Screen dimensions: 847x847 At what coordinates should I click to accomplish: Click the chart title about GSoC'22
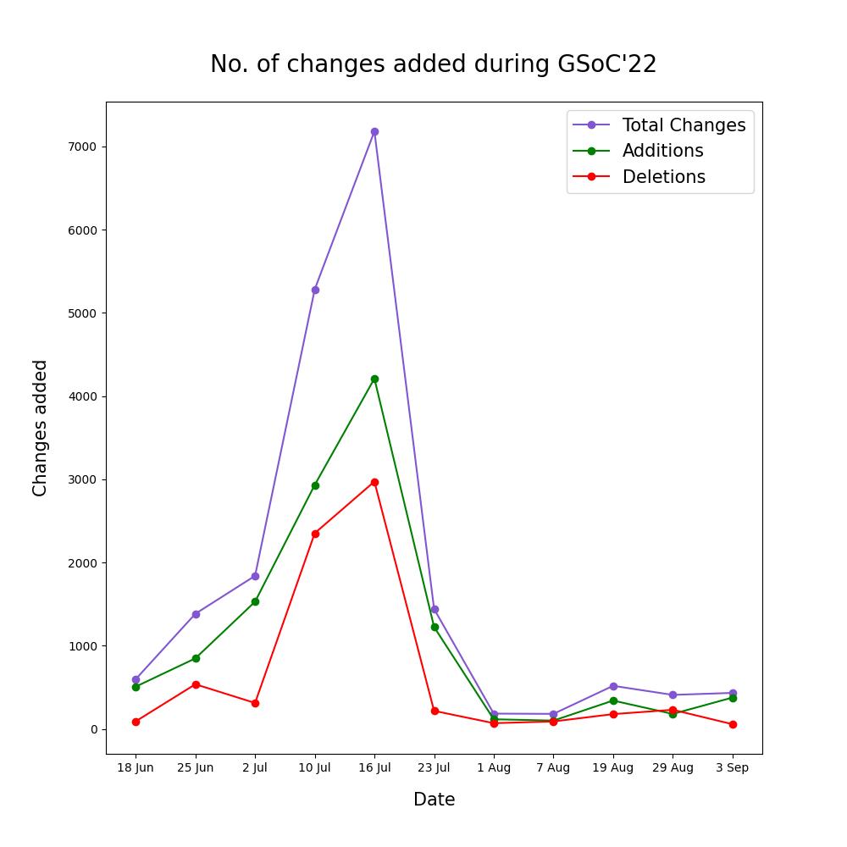coord(433,64)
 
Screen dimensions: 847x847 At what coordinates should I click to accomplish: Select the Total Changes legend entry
coord(684,125)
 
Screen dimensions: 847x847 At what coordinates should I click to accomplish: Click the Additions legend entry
coord(662,151)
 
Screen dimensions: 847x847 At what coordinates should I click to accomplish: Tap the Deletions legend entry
coord(663,177)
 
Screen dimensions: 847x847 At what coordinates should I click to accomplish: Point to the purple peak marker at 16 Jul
coord(374,131)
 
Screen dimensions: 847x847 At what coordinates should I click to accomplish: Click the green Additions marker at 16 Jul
coord(374,379)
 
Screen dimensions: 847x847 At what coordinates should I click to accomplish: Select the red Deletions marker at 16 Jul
coord(374,482)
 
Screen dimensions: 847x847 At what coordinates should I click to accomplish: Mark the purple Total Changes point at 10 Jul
coord(315,290)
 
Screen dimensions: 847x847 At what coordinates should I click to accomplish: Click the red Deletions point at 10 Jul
coord(315,534)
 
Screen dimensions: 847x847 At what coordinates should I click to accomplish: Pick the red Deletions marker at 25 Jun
coord(196,684)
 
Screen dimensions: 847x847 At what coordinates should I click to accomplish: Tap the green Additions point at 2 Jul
coord(255,601)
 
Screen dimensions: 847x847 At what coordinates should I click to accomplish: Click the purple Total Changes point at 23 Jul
coord(435,609)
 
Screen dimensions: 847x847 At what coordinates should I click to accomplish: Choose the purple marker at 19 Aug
coord(613,686)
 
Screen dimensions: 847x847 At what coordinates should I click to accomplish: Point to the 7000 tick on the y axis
coord(83,147)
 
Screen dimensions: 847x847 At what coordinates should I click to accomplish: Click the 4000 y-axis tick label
coord(83,396)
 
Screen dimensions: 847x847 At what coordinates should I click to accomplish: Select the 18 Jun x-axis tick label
coord(136,767)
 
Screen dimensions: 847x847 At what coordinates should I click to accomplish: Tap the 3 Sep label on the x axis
coord(732,767)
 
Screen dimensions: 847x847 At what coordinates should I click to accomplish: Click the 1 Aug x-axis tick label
coord(494,767)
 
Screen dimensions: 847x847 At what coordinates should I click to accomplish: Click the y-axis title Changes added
coord(40,428)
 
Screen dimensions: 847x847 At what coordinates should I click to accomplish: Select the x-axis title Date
coord(434,800)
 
